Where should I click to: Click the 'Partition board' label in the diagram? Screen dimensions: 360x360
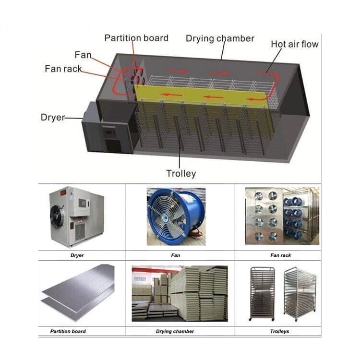click(x=136, y=38)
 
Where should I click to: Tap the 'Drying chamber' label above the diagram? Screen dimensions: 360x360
click(x=220, y=38)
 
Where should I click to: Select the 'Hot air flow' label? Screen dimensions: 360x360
click(x=295, y=44)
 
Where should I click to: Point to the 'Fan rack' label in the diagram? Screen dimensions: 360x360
click(x=63, y=69)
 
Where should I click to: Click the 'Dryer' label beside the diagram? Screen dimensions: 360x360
click(x=53, y=117)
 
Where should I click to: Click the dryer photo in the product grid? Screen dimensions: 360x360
click(x=77, y=216)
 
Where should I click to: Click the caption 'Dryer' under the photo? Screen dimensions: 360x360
click(x=77, y=255)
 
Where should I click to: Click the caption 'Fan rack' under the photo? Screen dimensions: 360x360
click(x=281, y=255)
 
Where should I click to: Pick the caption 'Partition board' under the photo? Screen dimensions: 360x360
click(x=68, y=331)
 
